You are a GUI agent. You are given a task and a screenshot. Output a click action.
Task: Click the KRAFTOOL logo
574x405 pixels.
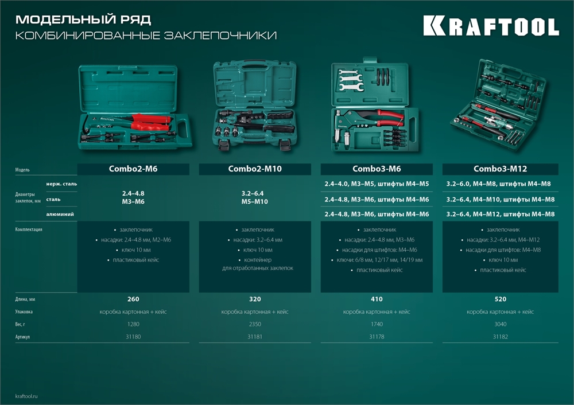491,26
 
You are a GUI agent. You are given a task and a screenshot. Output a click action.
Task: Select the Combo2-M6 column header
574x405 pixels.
133,169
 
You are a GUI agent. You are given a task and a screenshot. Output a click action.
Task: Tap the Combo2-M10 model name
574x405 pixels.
255,169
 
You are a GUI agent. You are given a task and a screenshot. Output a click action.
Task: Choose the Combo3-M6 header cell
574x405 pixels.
377,169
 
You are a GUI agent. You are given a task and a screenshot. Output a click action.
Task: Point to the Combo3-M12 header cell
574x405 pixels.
500,169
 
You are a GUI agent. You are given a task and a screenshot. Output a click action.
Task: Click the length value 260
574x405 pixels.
133,299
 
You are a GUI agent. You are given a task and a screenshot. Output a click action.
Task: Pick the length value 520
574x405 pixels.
500,299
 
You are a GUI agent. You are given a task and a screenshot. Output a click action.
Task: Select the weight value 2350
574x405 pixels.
255,324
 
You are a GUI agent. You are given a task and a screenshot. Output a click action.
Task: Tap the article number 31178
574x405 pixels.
377,337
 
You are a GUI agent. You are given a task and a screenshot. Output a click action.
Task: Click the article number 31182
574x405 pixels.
500,337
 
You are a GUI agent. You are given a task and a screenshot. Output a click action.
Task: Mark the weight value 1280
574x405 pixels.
133,324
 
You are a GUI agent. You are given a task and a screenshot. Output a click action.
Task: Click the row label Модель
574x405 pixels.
22,170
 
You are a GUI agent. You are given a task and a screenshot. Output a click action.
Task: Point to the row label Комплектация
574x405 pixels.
29,229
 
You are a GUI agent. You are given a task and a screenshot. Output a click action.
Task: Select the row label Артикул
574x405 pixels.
23,337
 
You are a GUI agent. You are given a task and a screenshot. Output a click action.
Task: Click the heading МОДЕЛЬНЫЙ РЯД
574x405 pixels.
84,20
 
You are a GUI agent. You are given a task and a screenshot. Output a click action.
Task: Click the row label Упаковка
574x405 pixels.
24,311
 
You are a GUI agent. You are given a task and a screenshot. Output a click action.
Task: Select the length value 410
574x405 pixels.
377,299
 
